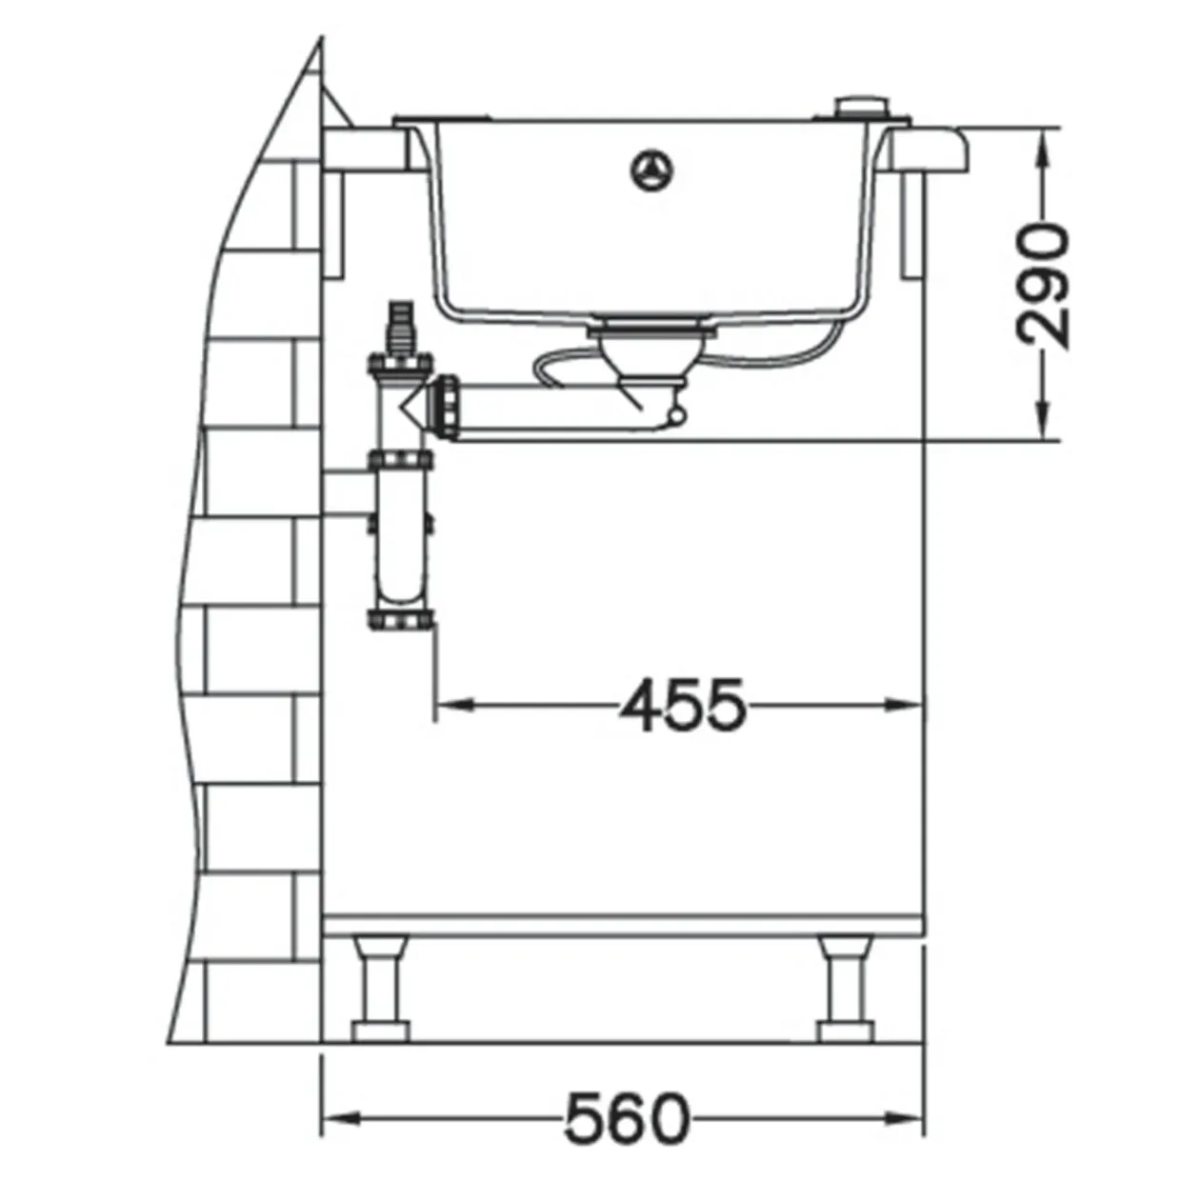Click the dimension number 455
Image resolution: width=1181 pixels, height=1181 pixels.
click(x=683, y=706)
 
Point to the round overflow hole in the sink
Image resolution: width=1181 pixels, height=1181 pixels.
click(x=652, y=170)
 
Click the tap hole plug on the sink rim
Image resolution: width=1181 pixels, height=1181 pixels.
click(x=862, y=108)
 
